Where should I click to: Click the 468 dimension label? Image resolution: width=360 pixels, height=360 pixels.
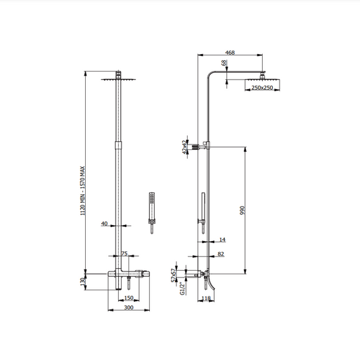(230, 53)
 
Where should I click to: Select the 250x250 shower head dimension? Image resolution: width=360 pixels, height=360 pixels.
(262, 88)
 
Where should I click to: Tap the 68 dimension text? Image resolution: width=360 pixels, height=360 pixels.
(224, 63)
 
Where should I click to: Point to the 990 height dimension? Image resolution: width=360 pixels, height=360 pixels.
(242, 210)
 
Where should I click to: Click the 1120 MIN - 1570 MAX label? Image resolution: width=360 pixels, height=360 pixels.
(82, 190)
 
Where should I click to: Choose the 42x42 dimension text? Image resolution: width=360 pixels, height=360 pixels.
(184, 147)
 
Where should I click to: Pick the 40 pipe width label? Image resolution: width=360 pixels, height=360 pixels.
(104, 224)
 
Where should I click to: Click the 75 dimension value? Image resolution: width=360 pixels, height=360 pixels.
(124, 253)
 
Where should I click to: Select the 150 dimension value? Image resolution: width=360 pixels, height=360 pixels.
(128, 298)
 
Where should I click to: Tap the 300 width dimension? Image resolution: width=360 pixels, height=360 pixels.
(128, 307)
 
